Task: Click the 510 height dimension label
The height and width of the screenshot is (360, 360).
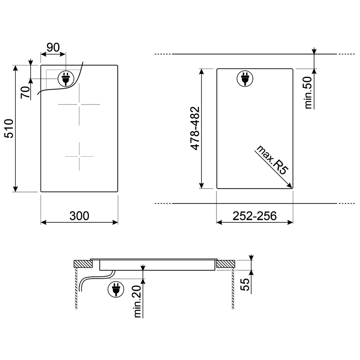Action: [9, 129]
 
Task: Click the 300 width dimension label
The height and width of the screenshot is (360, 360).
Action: [79, 216]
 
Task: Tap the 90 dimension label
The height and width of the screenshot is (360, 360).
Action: [53, 47]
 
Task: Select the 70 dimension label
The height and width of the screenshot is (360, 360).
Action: [26, 93]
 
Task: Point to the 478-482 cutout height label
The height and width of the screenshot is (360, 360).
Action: [195, 129]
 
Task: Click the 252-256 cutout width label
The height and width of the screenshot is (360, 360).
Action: [255, 216]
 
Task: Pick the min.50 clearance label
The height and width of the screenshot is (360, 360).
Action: [308, 93]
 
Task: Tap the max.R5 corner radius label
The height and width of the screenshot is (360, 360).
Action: [272, 160]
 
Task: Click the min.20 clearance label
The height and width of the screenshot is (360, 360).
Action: [137, 301]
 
